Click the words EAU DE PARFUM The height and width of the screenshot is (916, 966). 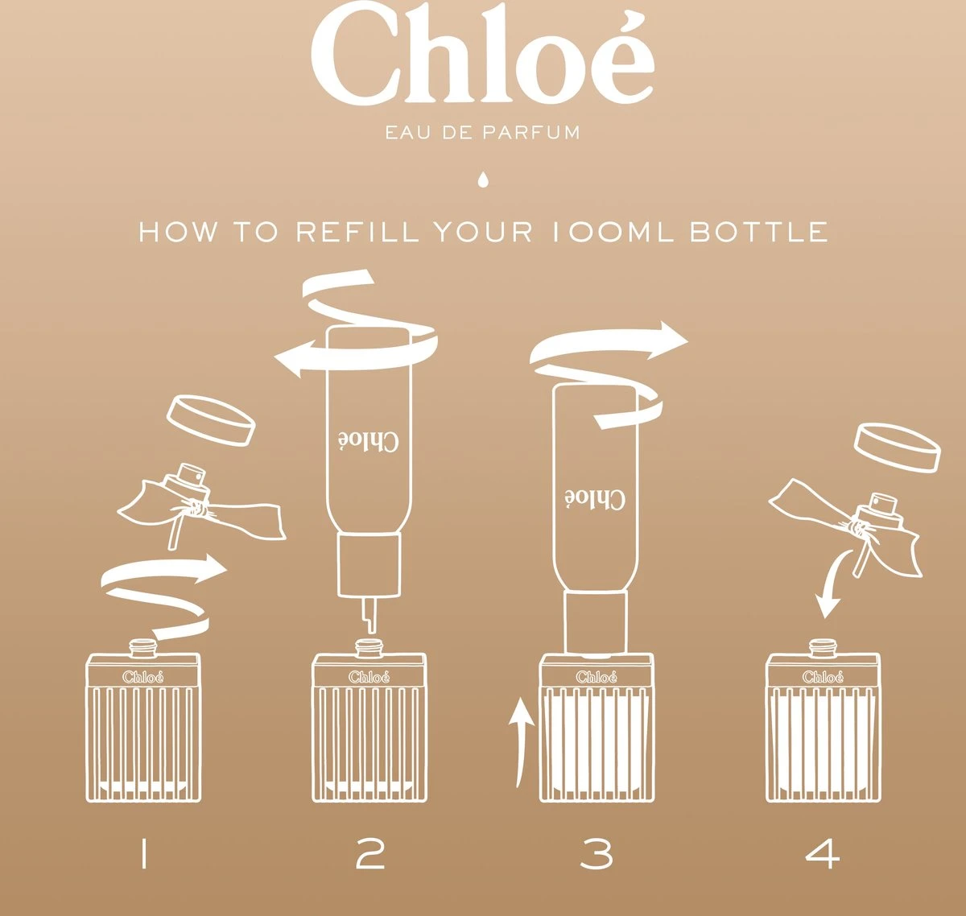click(x=482, y=133)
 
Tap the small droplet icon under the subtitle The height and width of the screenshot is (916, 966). click(x=482, y=178)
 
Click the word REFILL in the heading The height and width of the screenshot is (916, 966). click(x=357, y=233)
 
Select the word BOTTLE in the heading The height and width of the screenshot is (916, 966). click(x=758, y=233)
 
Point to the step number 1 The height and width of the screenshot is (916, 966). click(x=143, y=854)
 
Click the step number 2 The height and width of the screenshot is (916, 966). click(x=370, y=854)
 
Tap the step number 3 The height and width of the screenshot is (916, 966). click(x=597, y=854)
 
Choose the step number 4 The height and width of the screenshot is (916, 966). click(x=823, y=854)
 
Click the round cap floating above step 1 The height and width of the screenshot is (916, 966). click(x=211, y=419)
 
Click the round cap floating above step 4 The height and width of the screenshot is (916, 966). click(x=897, y=448)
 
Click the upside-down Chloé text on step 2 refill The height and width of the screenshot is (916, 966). click(x=369, y=440)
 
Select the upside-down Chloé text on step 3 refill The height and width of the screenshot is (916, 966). click(x=595, y=498)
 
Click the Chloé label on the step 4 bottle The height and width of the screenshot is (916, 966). click(x=823, y=677)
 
